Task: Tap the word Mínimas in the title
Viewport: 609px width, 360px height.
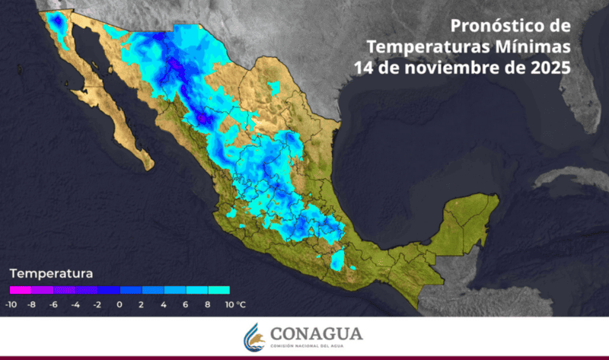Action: (536, 46)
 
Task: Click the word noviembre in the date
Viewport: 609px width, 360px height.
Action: (452, 67)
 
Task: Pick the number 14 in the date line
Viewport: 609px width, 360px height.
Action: (363, 67)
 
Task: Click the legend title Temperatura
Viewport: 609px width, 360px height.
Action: (51, 272)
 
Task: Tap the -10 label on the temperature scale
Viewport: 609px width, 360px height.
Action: (11, 304)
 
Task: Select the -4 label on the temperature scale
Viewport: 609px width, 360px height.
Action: (76, 304)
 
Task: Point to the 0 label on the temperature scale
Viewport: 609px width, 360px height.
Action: (120, 304)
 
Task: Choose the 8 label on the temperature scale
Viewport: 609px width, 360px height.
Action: (208, 304)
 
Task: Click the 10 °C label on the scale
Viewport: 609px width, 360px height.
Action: (235, 304)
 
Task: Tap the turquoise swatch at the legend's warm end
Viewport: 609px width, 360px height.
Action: (219, 290)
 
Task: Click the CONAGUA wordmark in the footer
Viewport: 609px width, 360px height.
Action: (317, 333)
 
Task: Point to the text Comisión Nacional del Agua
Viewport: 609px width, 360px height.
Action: (317, 346)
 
